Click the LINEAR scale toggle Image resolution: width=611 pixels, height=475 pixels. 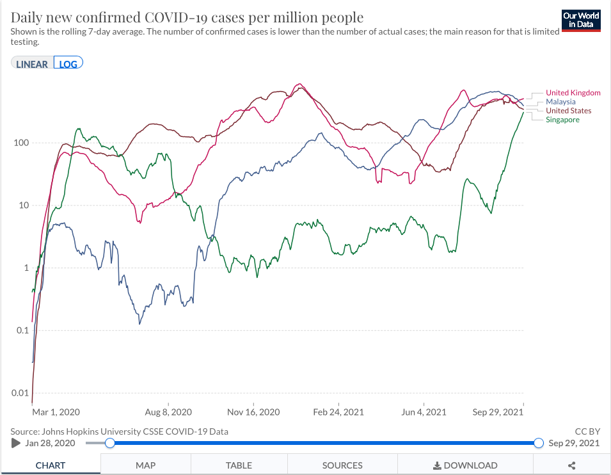coord(32,64)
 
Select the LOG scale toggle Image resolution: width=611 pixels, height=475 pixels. coord(68,64)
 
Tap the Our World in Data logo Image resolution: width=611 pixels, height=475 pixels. coord(581,20)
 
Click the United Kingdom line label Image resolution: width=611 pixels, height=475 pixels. coord(573,93)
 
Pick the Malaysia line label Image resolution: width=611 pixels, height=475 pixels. coord(560,102)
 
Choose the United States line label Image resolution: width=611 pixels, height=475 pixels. coord(568,111)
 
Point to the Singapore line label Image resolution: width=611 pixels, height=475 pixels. coord(562,120)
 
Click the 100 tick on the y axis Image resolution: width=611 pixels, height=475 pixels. coord(21,143)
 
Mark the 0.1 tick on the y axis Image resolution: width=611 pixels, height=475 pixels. coord(21,330)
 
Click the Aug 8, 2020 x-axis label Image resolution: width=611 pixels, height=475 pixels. coord(169,412)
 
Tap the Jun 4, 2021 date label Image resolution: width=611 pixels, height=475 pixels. coord(423,412)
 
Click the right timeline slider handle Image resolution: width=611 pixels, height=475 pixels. coord(538,443)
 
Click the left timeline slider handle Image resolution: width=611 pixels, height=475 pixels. coord(110,443)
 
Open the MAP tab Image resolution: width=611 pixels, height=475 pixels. coord(145,465)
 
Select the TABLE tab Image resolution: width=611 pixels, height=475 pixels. coord(239,465)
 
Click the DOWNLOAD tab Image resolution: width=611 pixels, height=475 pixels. coord(465,465)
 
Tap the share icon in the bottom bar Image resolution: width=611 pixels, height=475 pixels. coord(572,465)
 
